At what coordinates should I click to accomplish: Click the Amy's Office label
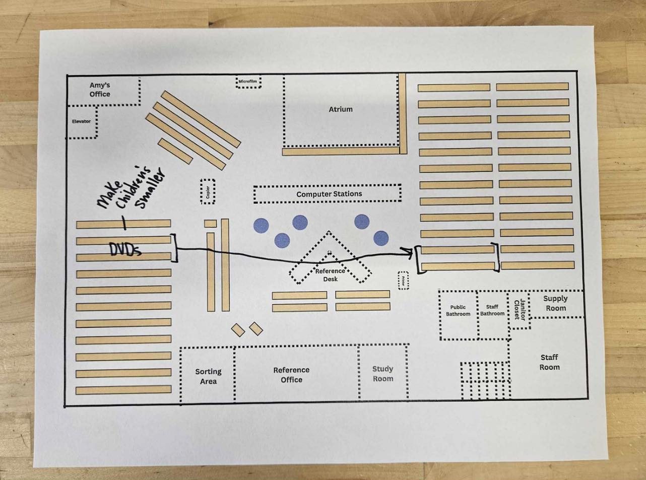100,90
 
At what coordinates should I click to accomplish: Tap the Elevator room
82,122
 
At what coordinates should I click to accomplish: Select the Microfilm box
248,81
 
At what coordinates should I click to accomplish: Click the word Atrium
341,109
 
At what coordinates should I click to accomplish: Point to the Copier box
208,192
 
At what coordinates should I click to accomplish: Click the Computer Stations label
329,194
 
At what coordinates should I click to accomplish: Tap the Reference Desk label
330,275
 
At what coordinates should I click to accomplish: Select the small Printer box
403,281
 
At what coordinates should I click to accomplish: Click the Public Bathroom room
458,314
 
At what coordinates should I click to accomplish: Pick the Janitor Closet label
520,310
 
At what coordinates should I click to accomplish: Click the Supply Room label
555,303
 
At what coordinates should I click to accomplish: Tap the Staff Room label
549,362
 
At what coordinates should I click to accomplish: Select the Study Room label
383,374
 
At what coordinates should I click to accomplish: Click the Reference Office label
291,375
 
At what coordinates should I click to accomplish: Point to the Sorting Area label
208,376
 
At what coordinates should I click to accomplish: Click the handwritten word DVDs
125,249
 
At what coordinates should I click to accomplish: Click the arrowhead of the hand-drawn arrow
409,252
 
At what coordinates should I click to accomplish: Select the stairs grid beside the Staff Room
485,381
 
